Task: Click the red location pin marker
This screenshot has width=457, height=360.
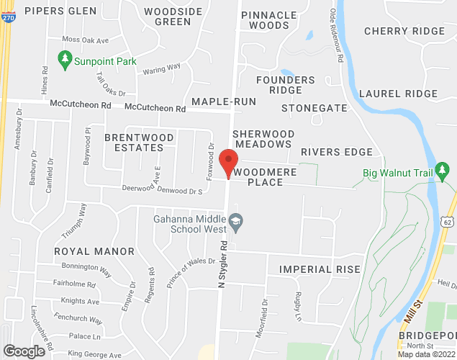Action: [x=229, y=163]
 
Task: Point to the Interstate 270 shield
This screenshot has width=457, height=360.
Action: [x=7, y=18]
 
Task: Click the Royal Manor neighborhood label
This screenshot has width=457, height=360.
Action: [x=94, y=251]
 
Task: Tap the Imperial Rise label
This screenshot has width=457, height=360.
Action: [x=320, y=269]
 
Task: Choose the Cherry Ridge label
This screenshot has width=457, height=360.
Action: [x=404, y=31]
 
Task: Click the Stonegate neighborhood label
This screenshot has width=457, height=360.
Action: [x=314, y=108]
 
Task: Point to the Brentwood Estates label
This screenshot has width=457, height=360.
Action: [x=134, y=142]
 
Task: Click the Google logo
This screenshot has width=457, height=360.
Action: [x=23, y=351]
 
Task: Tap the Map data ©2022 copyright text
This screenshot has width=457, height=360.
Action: [x=427, y=354]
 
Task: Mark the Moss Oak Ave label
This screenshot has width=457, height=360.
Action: [x=85, y=40]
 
